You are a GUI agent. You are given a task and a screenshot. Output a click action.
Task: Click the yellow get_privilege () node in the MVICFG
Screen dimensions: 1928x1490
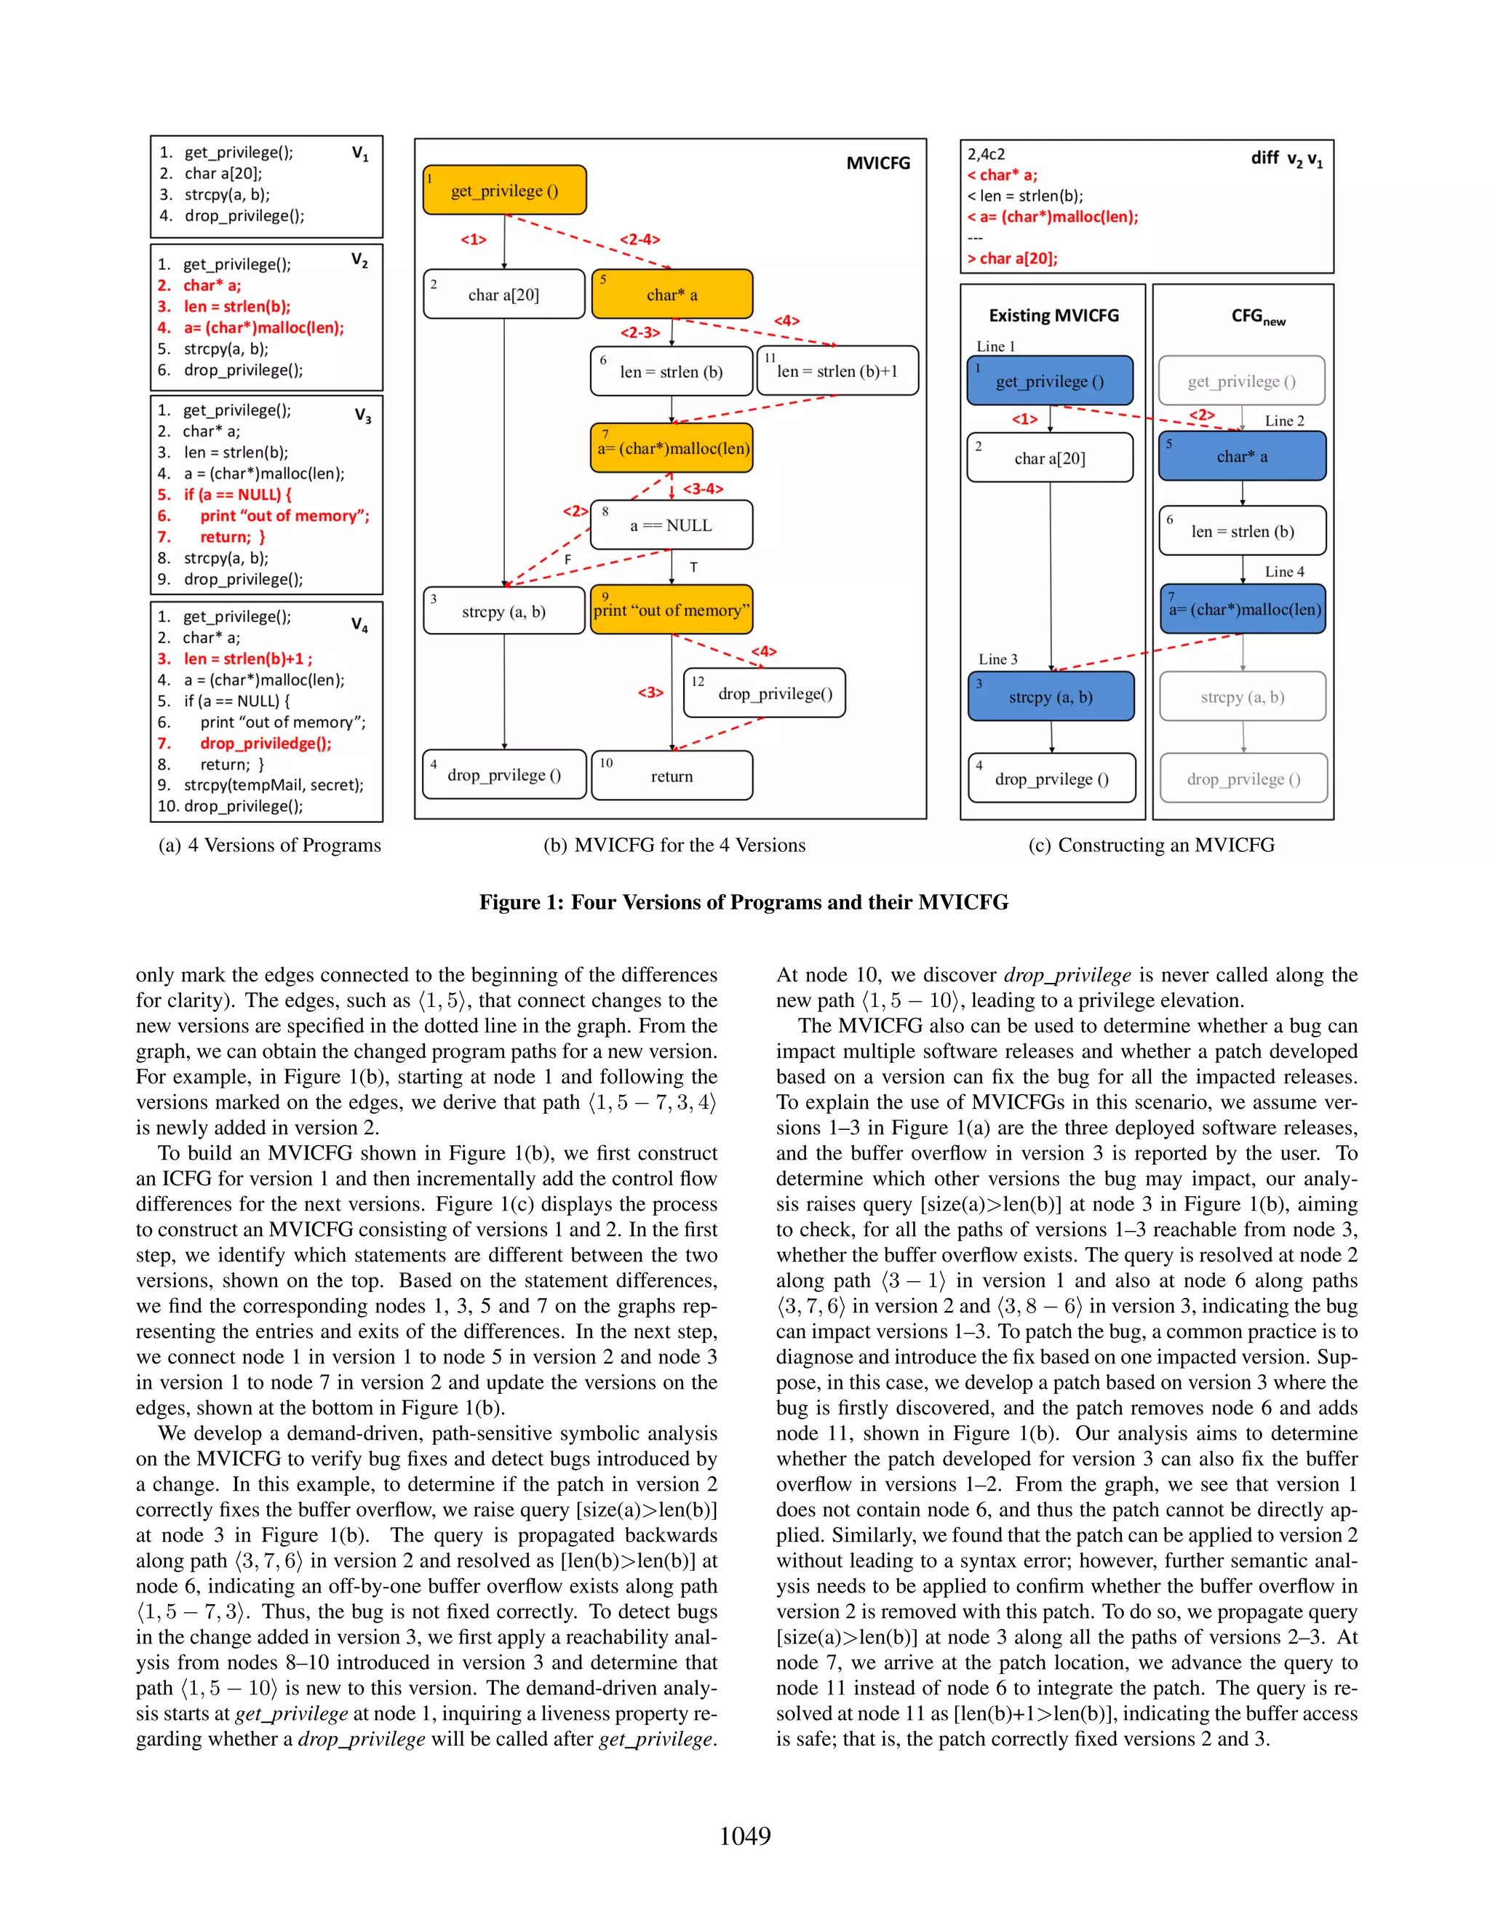point(504,190)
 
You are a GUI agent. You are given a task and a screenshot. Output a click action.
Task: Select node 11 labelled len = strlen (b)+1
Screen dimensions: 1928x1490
point(837,371)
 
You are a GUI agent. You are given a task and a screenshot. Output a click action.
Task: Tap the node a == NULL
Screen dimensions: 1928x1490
point(671,525)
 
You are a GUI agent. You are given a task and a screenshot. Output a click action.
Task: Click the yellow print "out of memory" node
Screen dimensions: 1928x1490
point(671,610)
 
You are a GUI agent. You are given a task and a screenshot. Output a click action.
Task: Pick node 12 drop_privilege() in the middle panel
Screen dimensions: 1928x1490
point(765,693)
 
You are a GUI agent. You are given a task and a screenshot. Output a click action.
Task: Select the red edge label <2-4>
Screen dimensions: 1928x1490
point(639,239)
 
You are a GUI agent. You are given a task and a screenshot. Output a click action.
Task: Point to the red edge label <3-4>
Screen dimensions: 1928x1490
point(704,488)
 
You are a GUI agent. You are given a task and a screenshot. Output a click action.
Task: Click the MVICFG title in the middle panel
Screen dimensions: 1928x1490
point(877,163)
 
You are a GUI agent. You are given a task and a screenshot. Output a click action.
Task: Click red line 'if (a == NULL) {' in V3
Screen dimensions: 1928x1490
point(236,494)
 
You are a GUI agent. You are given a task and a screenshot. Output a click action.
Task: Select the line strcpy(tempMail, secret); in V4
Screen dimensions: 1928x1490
point(273,785)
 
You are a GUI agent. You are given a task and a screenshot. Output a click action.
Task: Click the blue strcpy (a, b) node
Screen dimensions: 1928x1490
point(1051,696)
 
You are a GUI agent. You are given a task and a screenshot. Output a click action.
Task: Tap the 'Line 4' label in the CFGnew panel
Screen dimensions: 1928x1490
point(1283,571)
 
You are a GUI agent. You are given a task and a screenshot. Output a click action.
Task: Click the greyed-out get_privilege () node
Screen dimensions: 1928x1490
point(1241,381)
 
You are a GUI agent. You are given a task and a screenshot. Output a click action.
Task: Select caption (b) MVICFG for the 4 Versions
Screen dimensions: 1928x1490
point(674,845)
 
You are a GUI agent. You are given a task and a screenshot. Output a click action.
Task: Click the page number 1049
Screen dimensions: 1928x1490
point(744,1836)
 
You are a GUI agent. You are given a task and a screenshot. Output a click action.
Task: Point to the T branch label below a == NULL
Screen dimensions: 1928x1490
point(694,567)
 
